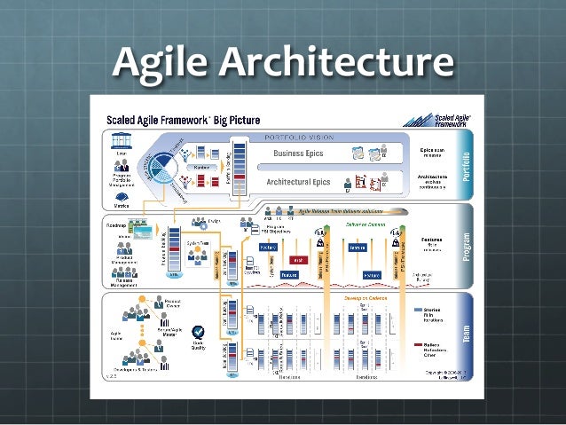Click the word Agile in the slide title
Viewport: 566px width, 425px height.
[163, 66]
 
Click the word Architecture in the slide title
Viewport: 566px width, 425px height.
[334, 66]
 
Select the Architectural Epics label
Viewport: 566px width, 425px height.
[298, 183]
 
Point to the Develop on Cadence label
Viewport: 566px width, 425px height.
[363, 299]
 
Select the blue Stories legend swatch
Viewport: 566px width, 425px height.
[416, 310]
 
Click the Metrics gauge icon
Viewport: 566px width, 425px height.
[121, 198]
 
